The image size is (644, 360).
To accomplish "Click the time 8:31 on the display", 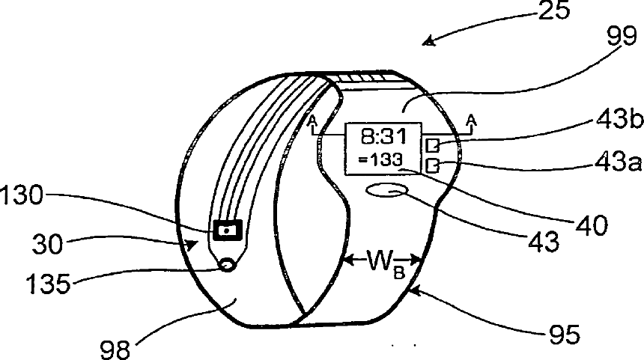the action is point(381,138).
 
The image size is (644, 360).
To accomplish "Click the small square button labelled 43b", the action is point(433,144).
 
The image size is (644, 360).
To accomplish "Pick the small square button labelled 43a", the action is point(433,165).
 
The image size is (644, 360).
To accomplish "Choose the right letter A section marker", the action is point(470,120).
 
